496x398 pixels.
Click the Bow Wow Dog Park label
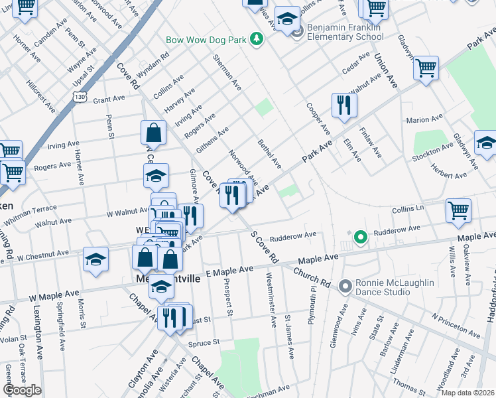[206, 40]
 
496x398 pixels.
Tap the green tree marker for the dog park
[257, 40]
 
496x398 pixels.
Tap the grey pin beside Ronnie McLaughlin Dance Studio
[345, 287]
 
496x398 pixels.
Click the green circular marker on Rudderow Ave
[360, 236]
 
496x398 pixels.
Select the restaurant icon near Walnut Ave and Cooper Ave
[343, 105]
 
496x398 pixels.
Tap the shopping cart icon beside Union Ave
[426, 68]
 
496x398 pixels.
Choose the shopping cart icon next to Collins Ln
[459, 211]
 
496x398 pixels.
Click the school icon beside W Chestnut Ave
[96, 259]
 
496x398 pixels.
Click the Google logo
[23, 390]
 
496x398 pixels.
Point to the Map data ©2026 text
[467, 393]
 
